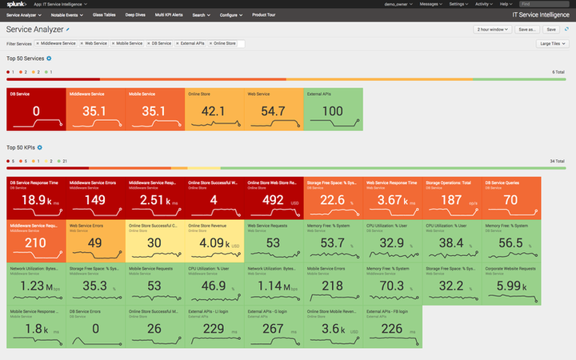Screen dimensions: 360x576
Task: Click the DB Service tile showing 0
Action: [x=36, y=110]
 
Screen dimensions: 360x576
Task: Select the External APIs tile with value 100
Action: [x=334, y=110]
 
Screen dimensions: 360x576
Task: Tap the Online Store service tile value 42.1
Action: [x=214, y=110]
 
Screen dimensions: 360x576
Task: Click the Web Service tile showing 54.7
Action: [x=274, y=110]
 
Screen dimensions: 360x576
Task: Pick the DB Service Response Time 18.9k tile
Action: [x=36, y=198]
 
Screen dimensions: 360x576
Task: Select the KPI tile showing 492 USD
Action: [x=274, y=198]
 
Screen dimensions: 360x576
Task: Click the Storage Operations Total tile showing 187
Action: [x=452, y=198]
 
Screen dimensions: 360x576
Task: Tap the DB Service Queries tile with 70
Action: [x=511, y=198]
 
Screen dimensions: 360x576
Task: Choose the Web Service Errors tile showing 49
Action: [x=95, y=241]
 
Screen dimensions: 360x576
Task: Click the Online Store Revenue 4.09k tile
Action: [x=214, y=241]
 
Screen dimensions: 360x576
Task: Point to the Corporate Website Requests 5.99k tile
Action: [x=511, y=284]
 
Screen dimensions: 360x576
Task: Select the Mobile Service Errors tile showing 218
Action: [x=334, y=284]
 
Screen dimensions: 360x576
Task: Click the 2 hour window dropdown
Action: [x=492, y=29]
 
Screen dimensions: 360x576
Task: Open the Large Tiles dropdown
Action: [x=552, y=43]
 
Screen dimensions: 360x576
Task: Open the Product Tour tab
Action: [x=265, y=14]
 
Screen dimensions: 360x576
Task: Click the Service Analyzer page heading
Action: [x=34, y=29]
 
